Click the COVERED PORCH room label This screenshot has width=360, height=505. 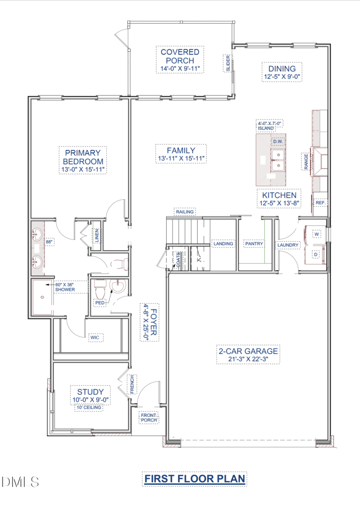click(180, 56)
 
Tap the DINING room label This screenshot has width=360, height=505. click(282, 69)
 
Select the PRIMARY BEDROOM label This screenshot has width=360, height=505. click(83, 157)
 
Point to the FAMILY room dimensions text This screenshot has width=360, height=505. click(181, 159)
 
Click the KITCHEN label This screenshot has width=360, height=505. click(279, 195)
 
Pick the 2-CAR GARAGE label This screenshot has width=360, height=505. click(248, 351)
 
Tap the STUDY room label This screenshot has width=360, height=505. click(90, 392)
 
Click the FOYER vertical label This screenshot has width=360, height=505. click(153, 322)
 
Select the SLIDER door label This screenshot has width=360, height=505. click(228, 64)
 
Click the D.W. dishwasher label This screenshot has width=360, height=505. click(278, 142)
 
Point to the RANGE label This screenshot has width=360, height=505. click(306, 161)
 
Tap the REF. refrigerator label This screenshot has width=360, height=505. click(320, 203)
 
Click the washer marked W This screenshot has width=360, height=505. click(317, 234)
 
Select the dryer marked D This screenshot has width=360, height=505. click(316, 254)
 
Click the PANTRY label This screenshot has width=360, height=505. click(254, 244)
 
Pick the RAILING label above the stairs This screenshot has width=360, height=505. click(185, 212)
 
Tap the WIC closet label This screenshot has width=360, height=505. click(95, 337)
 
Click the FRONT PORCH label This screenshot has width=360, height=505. click(149, 418)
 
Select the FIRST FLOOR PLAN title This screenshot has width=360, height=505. click(194, 479)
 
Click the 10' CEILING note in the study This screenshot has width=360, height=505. click(89, 408)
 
